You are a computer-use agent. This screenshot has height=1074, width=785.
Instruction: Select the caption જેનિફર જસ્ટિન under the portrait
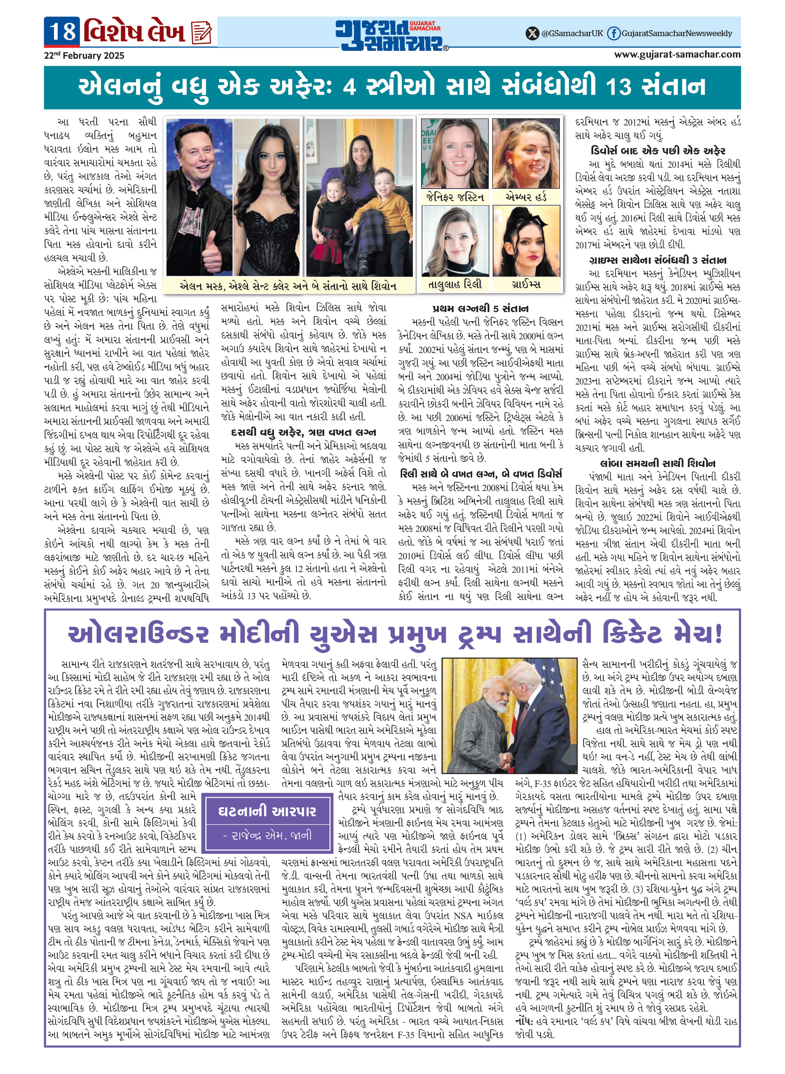455,197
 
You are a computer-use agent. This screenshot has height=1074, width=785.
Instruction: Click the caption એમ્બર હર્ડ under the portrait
526,197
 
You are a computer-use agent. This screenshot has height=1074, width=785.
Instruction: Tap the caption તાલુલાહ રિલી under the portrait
455,284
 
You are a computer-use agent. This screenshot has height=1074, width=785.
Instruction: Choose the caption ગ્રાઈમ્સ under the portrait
526,284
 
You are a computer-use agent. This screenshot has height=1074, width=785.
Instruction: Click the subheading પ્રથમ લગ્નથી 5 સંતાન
480,308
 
